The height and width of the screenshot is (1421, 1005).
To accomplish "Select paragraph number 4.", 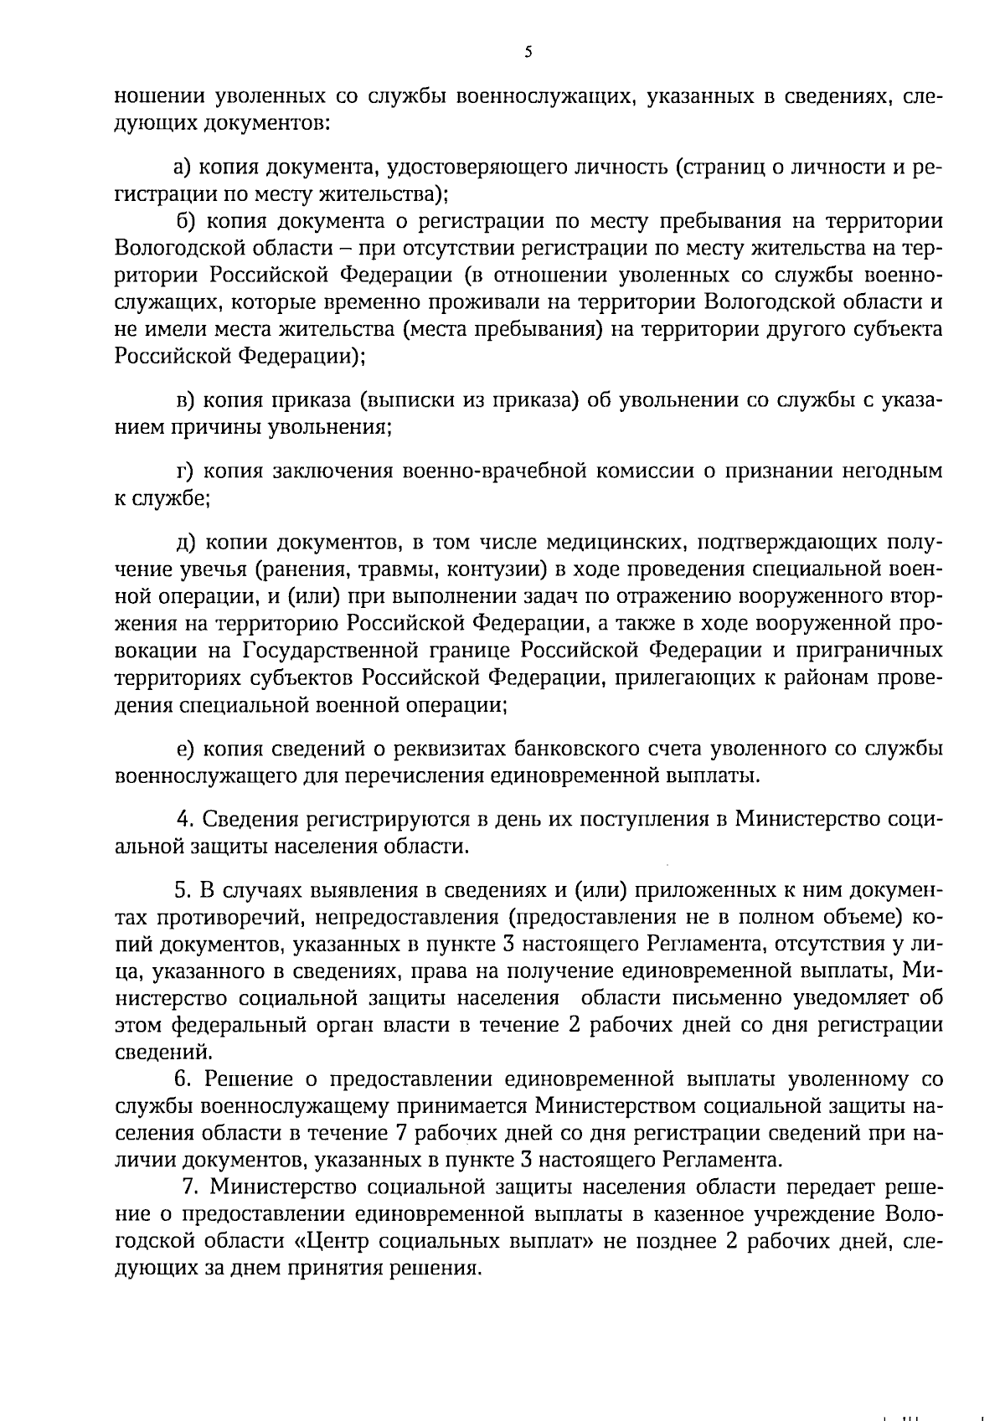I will pos(186,818).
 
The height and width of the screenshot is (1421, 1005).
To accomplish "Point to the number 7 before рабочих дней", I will pos(400,1134).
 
